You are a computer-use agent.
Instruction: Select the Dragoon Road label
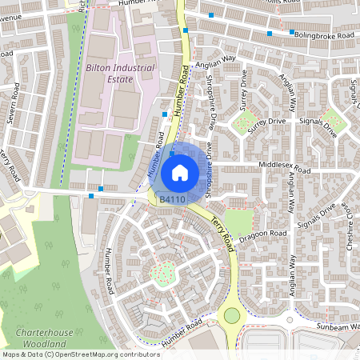(267, 233)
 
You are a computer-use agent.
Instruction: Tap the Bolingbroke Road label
(323, 36)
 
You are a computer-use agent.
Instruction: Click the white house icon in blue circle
(179, 172)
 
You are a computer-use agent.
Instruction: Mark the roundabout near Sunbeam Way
(232, 315)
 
